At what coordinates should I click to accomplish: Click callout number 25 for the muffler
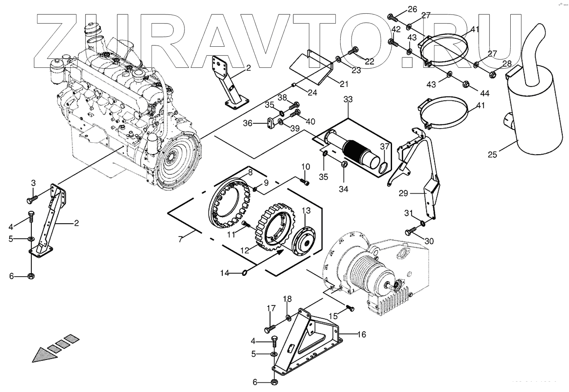pos(492,155)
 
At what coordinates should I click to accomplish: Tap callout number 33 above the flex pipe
pos(348,100)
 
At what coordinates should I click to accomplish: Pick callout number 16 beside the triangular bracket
pos(362,335)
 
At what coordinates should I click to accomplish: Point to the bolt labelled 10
pos(305,182)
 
